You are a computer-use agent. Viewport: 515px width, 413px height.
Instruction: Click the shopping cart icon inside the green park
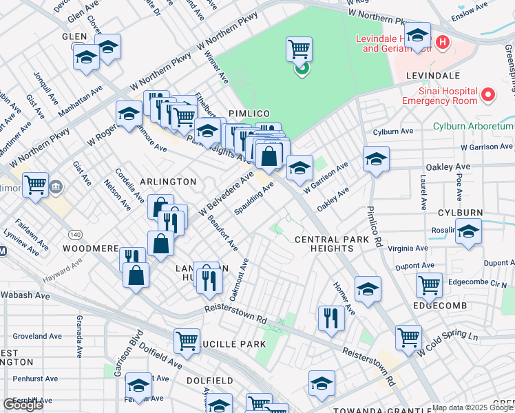[299, 49]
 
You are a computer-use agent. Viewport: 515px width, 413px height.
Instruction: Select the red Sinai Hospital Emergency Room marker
[488, 94]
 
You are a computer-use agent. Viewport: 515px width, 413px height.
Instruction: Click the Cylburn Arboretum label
[474, 126]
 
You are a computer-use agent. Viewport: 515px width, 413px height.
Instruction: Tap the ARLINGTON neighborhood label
[168, 181]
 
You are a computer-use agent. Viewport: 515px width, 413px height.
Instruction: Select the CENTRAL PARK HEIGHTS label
[327, 244]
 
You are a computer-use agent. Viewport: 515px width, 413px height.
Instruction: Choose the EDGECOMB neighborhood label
[441, 305]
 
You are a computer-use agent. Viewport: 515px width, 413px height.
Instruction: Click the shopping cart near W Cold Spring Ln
[408, 337]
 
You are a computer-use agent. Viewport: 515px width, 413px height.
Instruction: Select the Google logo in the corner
[23, 404]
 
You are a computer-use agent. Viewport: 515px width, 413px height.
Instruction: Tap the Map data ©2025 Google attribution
[472, 407]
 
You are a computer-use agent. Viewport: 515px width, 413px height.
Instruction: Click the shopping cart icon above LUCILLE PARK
[187, 341]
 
